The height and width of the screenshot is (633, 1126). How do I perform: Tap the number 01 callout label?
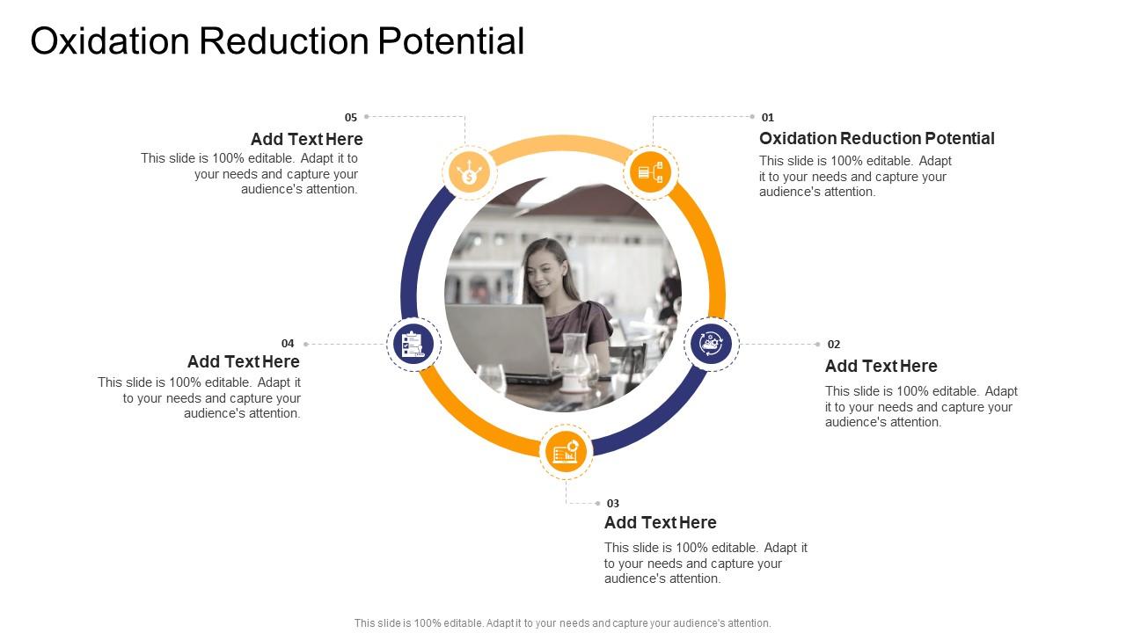768,117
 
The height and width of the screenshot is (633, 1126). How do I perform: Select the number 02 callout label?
834,345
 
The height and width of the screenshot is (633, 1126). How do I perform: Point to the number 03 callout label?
613,504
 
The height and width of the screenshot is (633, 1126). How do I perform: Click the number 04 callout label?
288,344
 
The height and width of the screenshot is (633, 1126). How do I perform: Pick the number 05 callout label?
351,117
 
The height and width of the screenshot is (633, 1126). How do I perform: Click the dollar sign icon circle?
470,171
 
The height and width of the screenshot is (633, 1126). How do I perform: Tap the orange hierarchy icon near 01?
650,171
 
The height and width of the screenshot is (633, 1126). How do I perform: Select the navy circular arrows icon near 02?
711,344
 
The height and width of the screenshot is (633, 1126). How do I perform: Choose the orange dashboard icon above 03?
566,452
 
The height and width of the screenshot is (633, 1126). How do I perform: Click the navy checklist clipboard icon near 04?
413,344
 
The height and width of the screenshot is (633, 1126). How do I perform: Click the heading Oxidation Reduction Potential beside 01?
876,139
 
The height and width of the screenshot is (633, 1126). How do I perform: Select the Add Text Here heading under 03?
660,523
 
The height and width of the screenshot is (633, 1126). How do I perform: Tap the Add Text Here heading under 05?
306,140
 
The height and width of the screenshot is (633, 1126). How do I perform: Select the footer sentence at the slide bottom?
562,623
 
